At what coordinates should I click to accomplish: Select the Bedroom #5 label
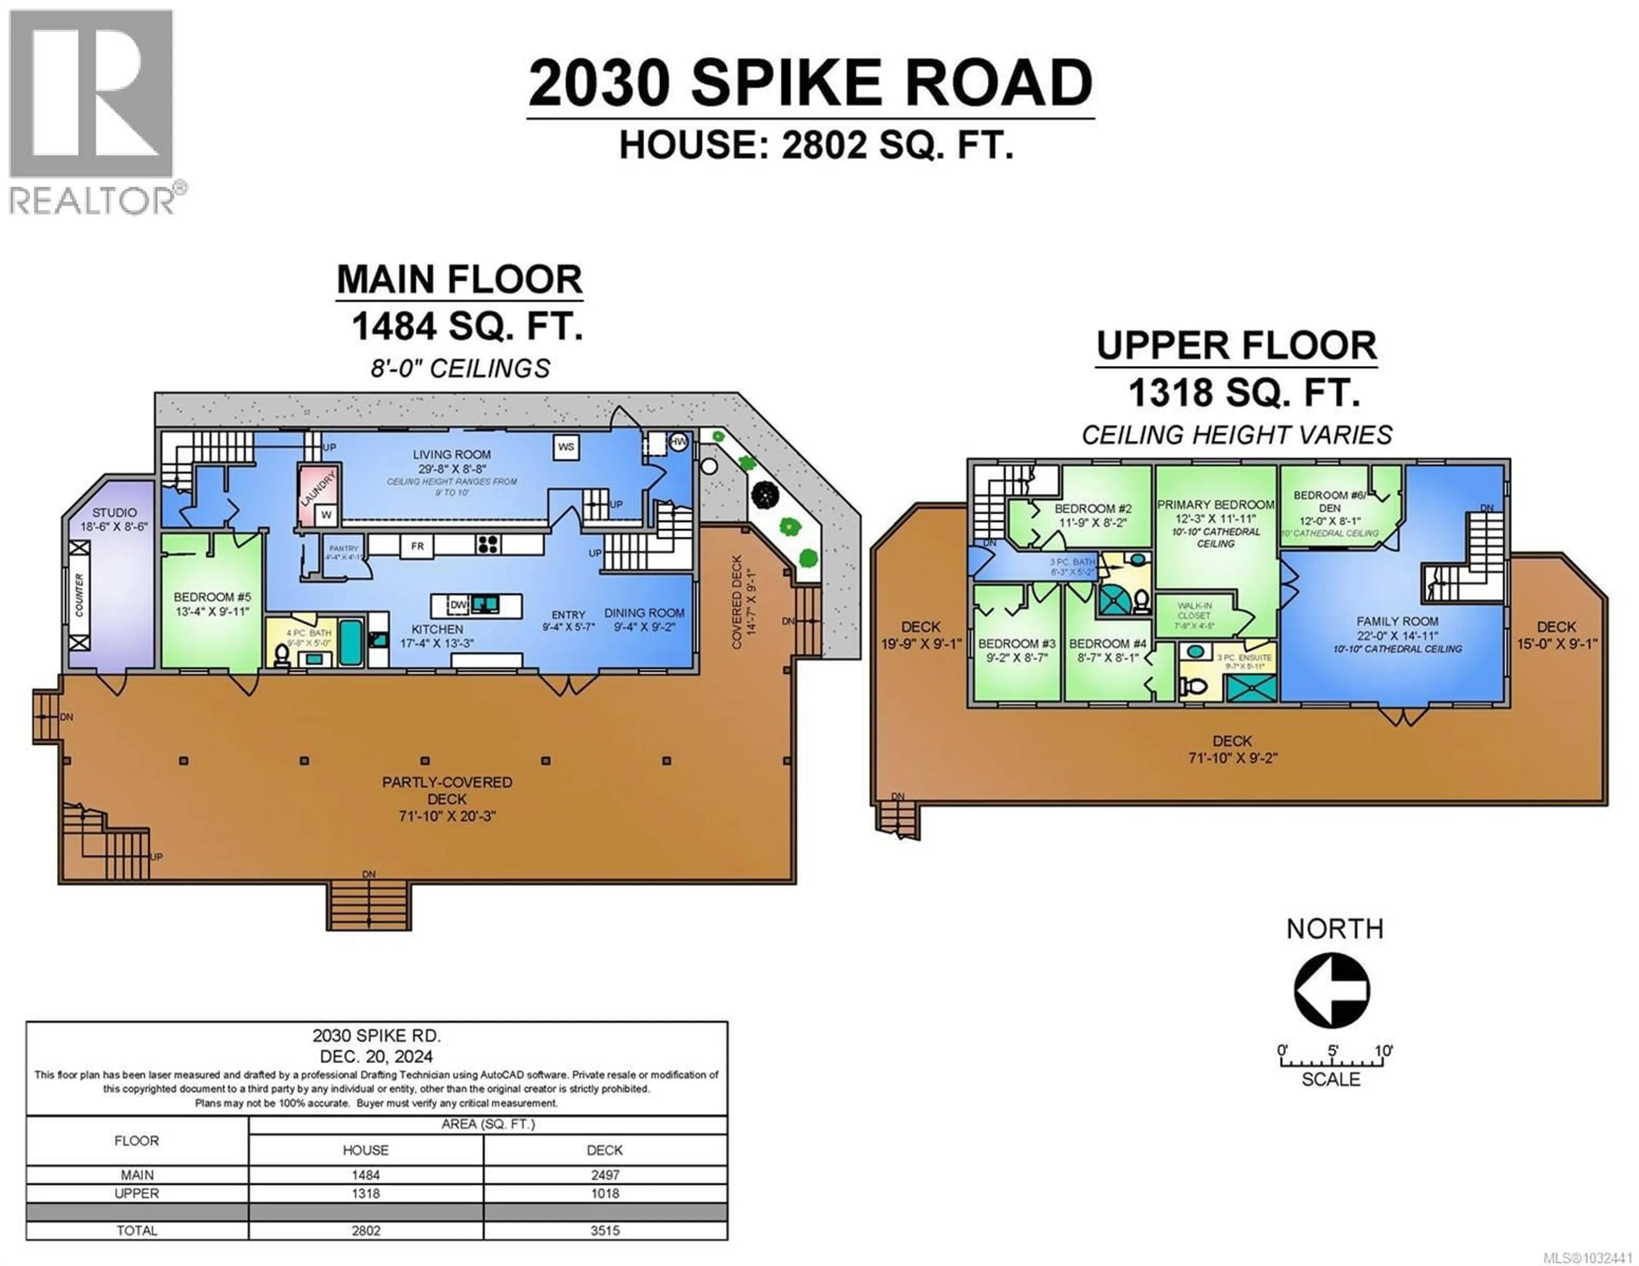click(213, 597)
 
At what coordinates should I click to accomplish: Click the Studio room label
click(114, 512)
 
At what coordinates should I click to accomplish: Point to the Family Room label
click(1397, 621)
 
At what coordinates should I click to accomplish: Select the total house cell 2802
click(365, 1231)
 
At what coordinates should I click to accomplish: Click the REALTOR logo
click(92, 113)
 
